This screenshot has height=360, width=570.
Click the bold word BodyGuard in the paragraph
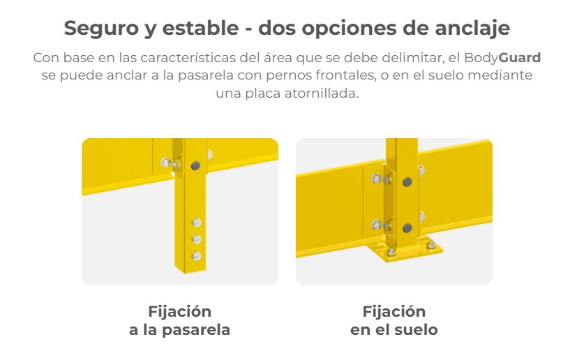(x=502, y=58)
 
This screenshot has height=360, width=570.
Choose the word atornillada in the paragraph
(x=322, y=93)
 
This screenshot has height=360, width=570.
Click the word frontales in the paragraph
(x=345, y=75)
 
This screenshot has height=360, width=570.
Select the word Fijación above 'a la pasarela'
(x=179, y=312)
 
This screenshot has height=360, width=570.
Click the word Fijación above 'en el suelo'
(x=394, y=312)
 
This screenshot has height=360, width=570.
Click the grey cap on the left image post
(x=195, y=166)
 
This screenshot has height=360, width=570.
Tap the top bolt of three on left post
(x=196, y=222)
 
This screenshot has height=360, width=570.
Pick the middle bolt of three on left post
(x=196, y=239)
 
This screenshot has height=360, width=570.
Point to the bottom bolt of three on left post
(x=196, y=256)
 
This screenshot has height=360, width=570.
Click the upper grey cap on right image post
(x=407, y=182)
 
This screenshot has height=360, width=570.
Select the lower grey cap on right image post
(x=407, y=228)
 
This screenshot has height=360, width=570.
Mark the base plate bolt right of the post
(x=431, y=244)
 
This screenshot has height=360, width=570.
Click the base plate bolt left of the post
(x=391, y=251)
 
